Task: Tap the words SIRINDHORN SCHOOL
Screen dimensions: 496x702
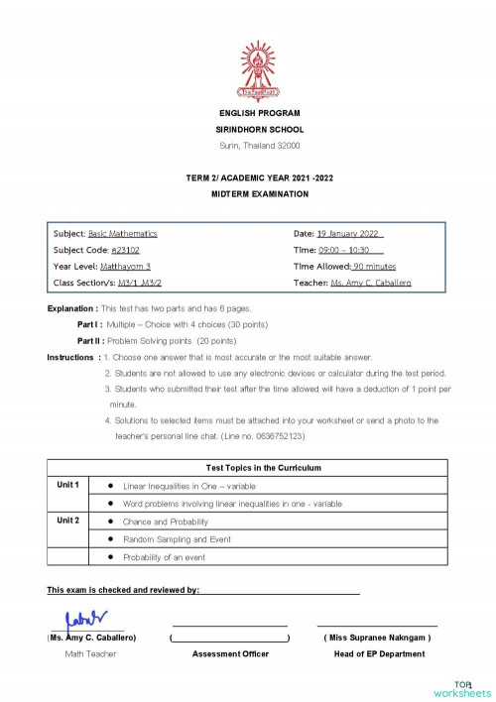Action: tap(260, 130)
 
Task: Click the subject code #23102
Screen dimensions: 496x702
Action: tap(127, 250)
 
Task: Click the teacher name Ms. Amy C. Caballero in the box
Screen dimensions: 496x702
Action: tap(371, 284)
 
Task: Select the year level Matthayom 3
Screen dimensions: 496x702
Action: tap(126, 267)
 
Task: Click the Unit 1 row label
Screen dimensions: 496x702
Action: tap(67, 485)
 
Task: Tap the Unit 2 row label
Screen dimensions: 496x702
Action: tap(67, 520)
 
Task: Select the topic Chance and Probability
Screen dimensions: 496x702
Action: tap(166, 522)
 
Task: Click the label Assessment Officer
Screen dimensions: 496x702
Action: tap(230, 653)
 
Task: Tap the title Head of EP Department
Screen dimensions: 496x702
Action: tap(378, 653)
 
